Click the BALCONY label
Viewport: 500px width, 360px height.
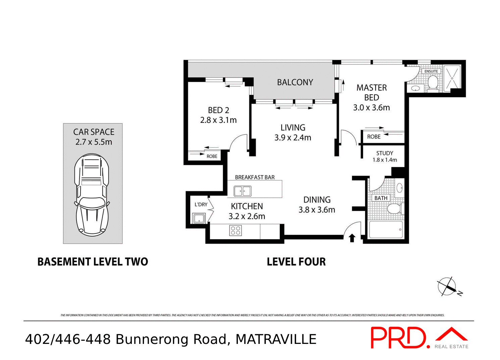coord(295,82)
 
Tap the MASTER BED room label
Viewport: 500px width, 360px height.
coord(371,93)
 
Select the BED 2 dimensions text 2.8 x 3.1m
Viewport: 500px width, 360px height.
coord(218,120)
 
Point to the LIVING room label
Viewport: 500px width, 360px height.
coord(293,127)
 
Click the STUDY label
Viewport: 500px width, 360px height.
coord(385,153)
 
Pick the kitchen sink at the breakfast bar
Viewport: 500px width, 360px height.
coord(242,192)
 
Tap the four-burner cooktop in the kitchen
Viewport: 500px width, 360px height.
coord(235,230)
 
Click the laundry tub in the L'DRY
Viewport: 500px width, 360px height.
coord(199,218)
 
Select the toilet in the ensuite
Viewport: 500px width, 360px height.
coord(433,83)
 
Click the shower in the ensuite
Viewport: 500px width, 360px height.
coord(452,78)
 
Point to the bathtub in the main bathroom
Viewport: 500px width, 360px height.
coord(386,229)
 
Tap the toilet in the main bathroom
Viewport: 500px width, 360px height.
coord(395,209)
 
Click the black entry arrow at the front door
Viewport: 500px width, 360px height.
coord(352,238)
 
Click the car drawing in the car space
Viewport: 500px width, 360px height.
coord(92,195)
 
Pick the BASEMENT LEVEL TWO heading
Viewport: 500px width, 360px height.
coord(93,262)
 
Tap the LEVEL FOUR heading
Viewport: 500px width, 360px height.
coord(296,262)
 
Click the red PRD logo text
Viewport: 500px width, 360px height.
coord(399,338)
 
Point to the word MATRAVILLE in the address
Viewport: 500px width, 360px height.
coord(276,340)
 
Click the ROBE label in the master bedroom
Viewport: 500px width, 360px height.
coord(373,137)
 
